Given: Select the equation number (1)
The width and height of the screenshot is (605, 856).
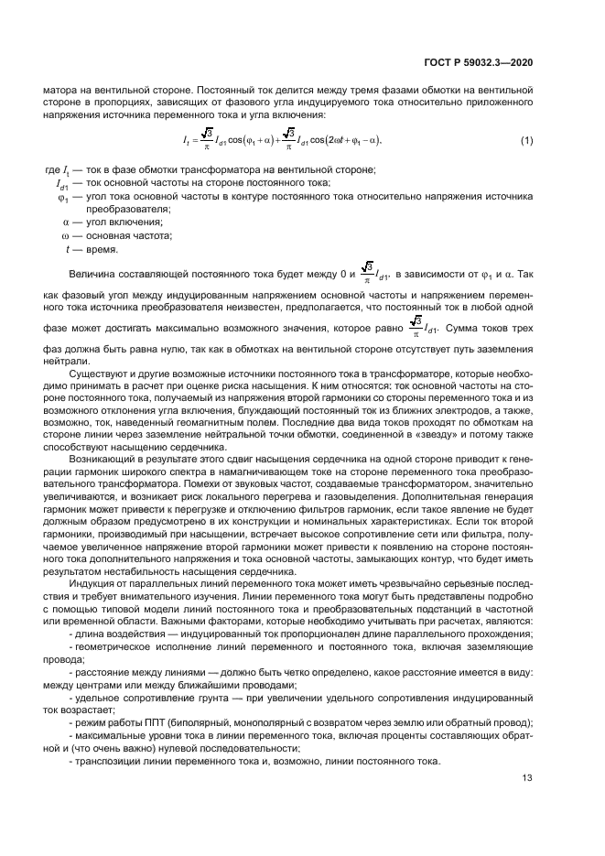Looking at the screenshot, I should (x=526, y=140).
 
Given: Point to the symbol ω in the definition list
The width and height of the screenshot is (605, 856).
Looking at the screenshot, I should (x=65, y=235).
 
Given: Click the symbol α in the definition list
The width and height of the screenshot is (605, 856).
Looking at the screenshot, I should (x=65, y=222).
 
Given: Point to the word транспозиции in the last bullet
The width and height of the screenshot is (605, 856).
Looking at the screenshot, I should (x=107, y=763).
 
